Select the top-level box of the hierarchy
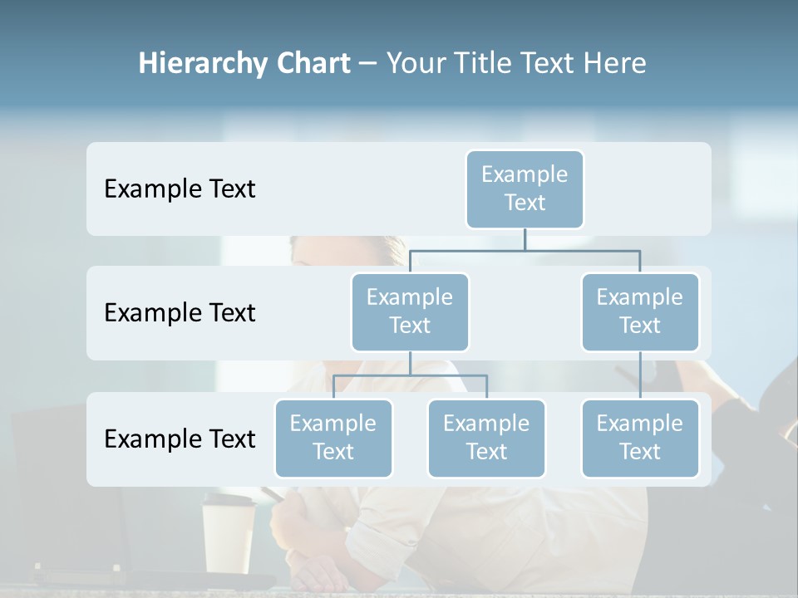coord(525,189)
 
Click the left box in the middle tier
coord(410,311)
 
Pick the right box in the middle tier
coord(640,311)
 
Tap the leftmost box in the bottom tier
coord(333,438)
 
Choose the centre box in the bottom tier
coord(486,438)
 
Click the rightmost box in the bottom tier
coord(640,438)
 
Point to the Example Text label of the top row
coord(180,189)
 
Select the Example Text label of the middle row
coord(180,313)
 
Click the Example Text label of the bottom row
coord(180,439)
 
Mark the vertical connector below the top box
coord(525,239)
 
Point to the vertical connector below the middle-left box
coord(410,363)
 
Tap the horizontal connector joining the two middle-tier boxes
coord(525,250)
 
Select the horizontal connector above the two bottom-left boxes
coord(410,375)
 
